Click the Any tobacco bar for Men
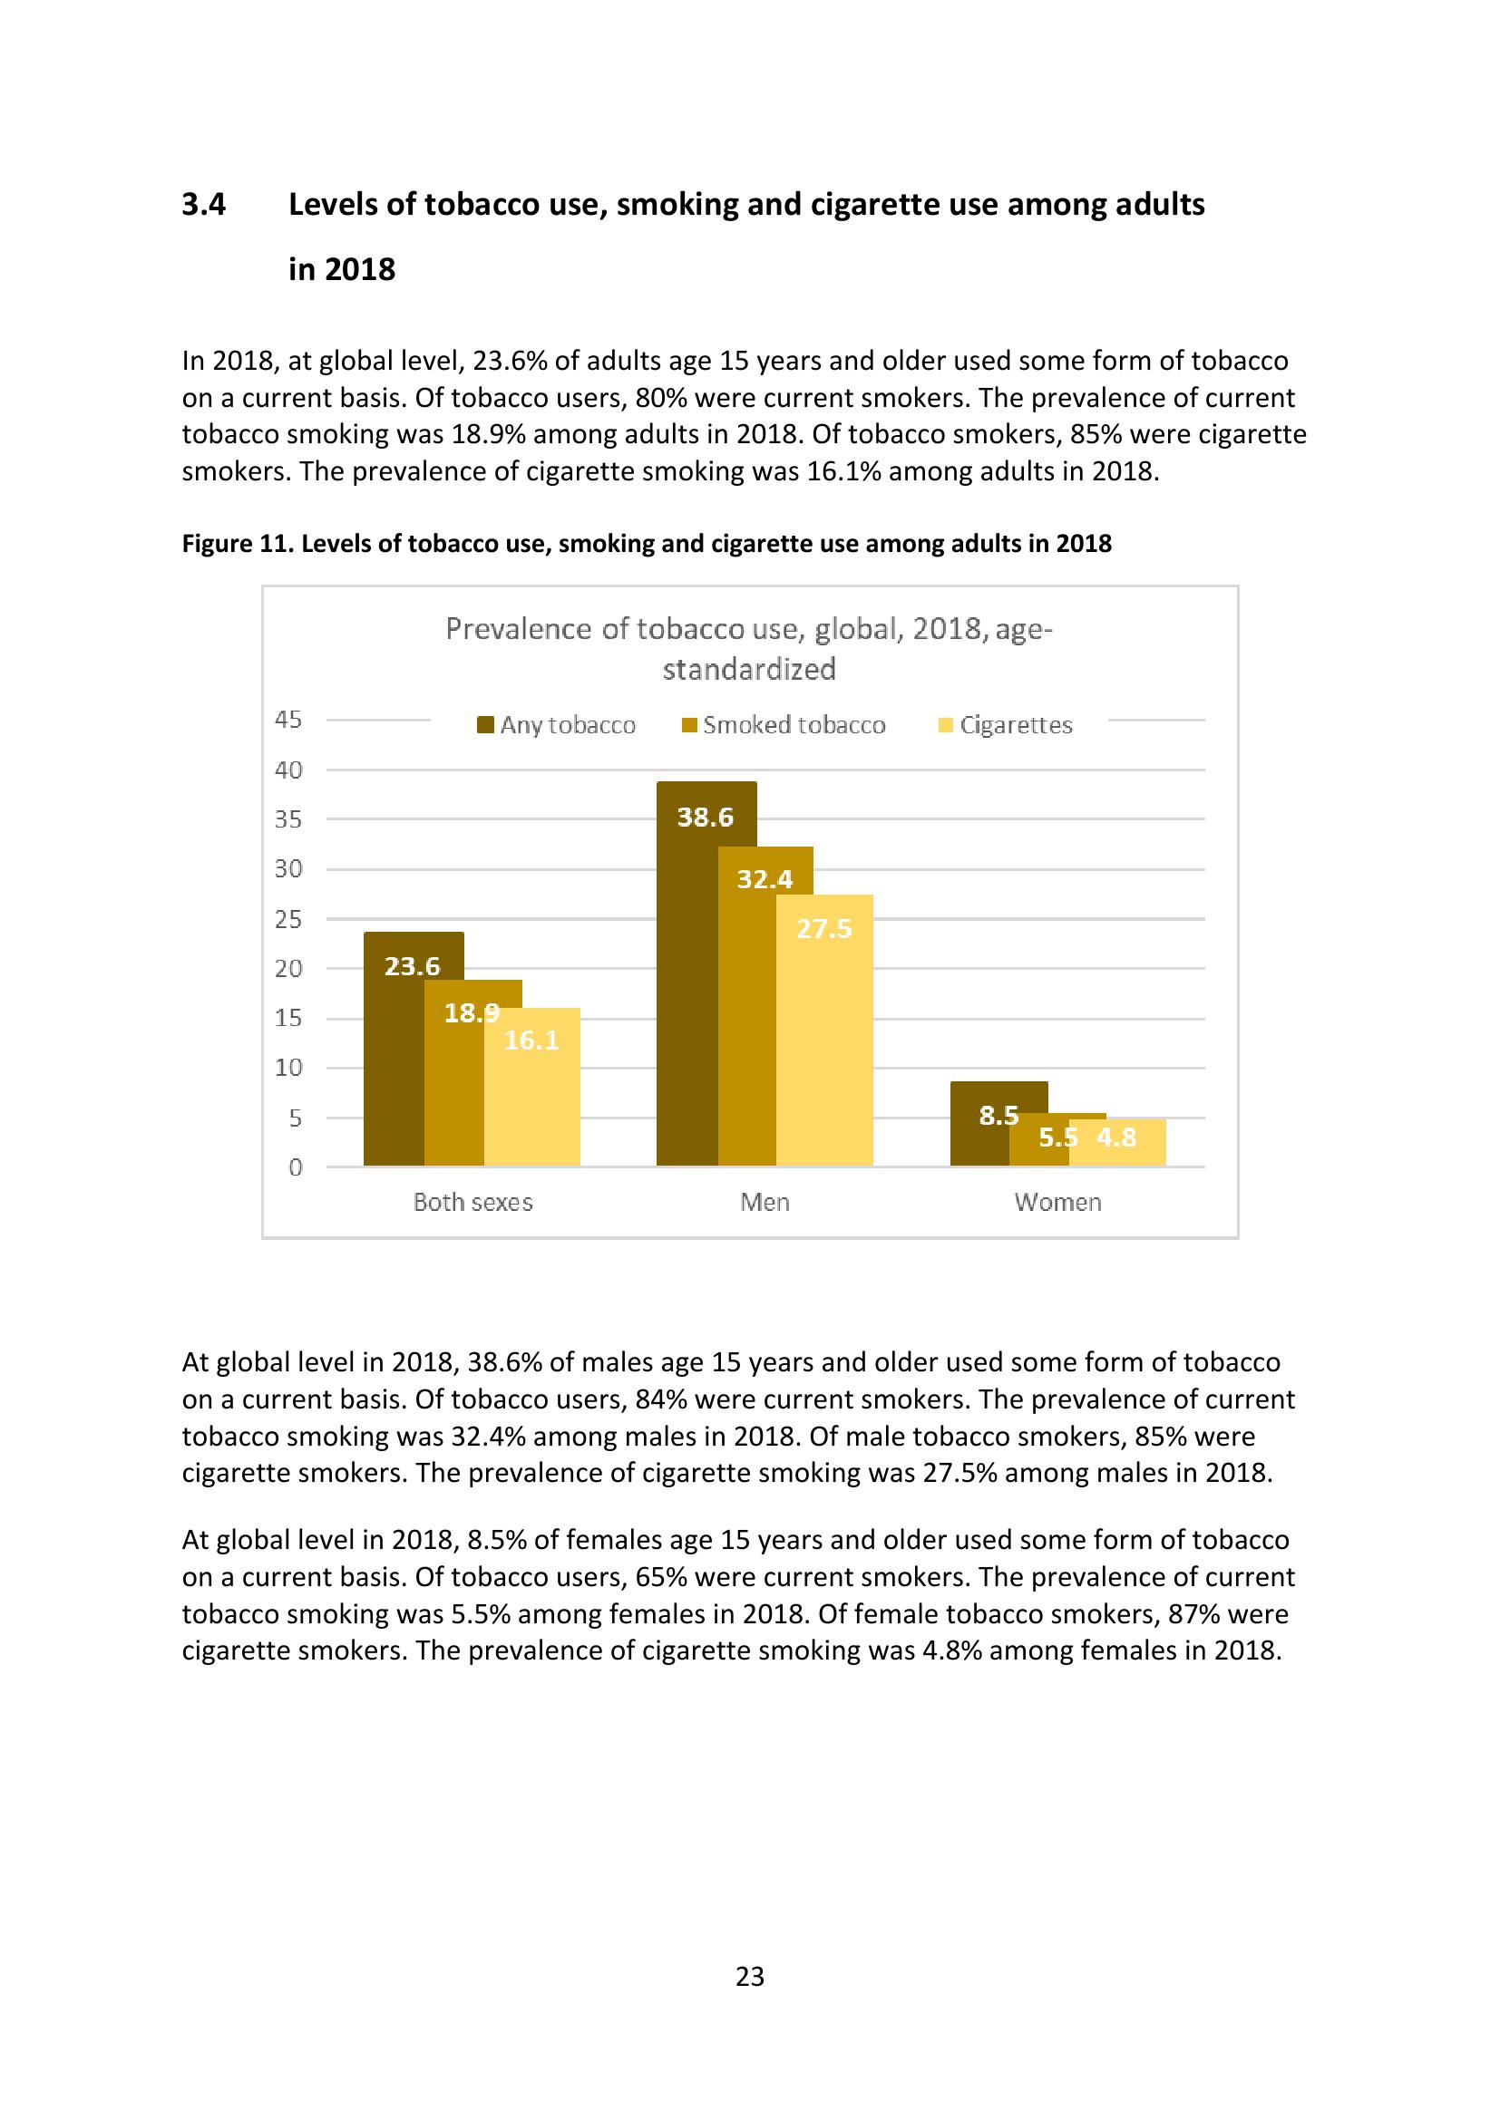point(687,997)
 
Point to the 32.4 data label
point(765,879)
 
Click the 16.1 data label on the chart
point(531,1041)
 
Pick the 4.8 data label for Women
point(1115,1137)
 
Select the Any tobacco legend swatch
point(485,725)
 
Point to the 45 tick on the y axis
point(288,720)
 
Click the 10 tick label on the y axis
point(288,1068)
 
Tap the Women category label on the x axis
point(1057,1202)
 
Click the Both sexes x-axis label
point(472,1202)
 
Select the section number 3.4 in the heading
point(203,204)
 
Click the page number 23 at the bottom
point(749,1976)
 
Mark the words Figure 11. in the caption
point(238,543)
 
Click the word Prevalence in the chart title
point(519,629)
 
